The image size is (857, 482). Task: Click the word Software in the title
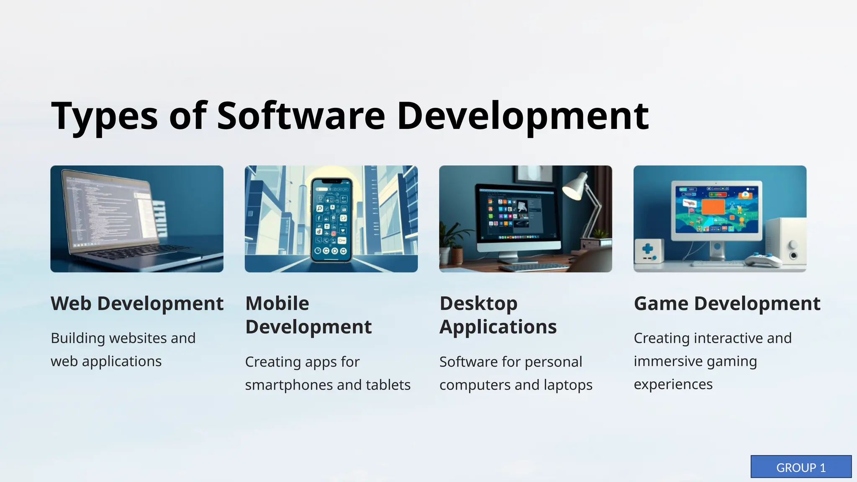(x=300, y=115)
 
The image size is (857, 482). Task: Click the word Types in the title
(x=104, y=116)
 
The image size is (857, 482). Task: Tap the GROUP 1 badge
(x=801, y=467)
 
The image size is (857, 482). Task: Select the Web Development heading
(x=137, y=303)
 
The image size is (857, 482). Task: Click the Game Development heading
(x=727, y=303)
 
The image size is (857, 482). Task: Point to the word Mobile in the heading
(x=277, y=303)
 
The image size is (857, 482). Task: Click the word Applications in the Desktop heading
(x=498, y=327)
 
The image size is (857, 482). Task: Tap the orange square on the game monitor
(x=713, y=209)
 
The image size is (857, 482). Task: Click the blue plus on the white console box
(x=647, y=249)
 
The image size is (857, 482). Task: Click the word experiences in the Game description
(x=673, y=384)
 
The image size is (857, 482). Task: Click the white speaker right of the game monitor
(x=787, y=243)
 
